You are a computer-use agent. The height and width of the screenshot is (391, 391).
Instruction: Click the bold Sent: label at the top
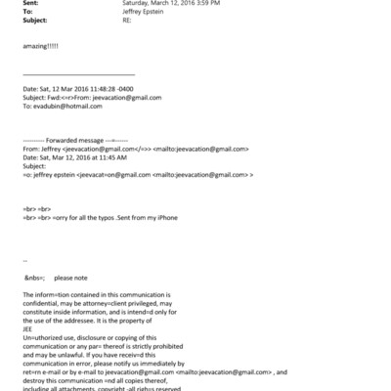(28, 4)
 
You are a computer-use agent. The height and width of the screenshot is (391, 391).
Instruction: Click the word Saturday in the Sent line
(137, 4)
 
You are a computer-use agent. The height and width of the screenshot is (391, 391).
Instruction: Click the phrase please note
(71, 278)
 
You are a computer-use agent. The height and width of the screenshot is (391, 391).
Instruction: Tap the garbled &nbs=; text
(34, 278)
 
